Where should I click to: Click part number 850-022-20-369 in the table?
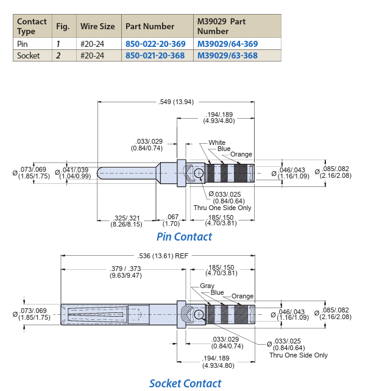155,44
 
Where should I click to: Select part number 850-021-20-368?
155,55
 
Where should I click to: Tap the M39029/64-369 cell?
227,44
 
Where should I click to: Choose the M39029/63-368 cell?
227,55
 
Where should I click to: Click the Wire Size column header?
97,26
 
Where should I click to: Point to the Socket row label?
29,55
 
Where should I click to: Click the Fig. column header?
63,26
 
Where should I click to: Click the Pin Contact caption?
184,237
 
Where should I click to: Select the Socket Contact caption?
185,383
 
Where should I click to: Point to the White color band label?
217,143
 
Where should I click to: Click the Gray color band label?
207,286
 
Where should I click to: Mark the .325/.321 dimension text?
126,217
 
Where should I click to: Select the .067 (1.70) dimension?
172,217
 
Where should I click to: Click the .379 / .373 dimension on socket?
126,268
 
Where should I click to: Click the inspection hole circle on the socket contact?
199,314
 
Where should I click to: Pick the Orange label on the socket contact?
242,297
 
